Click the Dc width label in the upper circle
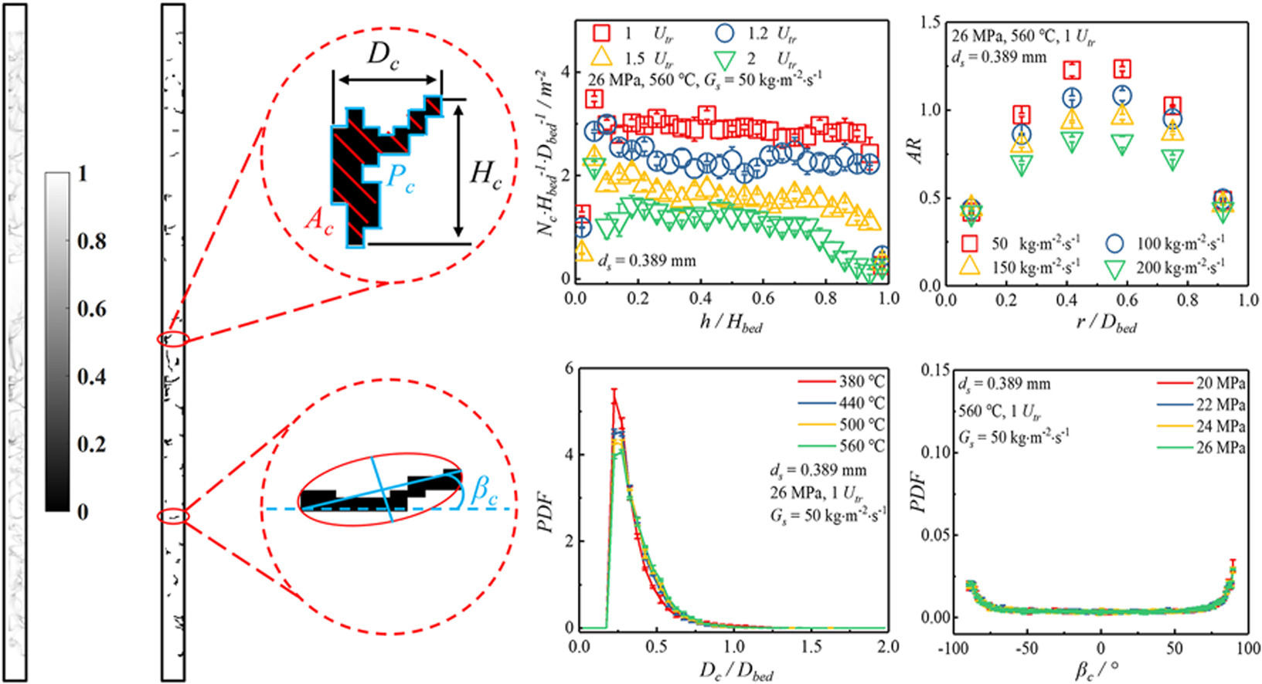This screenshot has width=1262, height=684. click(383, 56)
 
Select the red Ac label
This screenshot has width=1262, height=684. click(318, 219)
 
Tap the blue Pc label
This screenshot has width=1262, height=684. click(400, 178)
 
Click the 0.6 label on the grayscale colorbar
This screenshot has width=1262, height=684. click(92, 309)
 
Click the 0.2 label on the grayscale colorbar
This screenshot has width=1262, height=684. click(92, 445)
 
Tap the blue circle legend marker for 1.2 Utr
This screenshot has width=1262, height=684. click(724, 33)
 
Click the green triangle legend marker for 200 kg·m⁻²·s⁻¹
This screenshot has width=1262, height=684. click(1114, 269)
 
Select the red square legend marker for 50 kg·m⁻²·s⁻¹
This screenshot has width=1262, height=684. click(969, 244)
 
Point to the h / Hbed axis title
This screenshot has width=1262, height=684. click(730, 323)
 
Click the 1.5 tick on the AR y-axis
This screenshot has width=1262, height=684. click(930, 22)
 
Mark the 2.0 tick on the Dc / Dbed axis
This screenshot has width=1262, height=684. click(888, 646)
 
